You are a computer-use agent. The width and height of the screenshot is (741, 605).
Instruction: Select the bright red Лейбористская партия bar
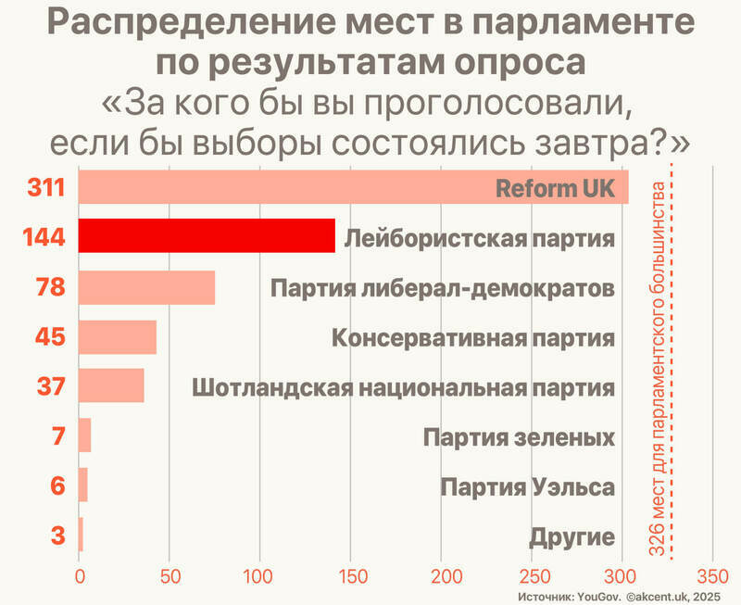pyautogui.click(x=206, y=237)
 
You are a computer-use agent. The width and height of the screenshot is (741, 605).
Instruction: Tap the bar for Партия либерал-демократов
pyautogui.click(x=146, y=287)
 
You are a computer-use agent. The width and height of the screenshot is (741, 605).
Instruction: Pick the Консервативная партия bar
pyautogui.click(x=117, y=336)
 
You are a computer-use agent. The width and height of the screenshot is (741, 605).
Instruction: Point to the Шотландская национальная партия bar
pyautogui.click(x=111, y=385)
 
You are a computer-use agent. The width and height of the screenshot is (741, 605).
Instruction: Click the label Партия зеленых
pyautogui.click(x=519, y=436)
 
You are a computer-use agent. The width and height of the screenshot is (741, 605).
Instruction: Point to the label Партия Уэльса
pyautogui.click(x=528, y=486)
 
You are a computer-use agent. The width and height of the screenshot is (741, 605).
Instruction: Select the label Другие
pyautogui.click(x=572, y=536)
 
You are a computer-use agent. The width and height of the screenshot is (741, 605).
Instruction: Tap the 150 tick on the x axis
pyautogui.click(x=350, y=574)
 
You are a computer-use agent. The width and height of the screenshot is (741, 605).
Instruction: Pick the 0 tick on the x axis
pyautogui.click(x=80, y=574)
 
